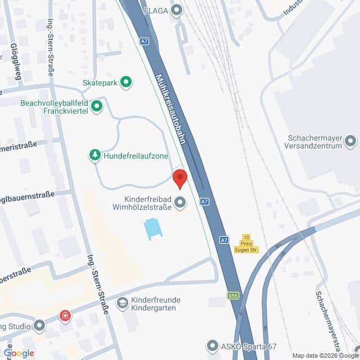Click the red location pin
point(179,178)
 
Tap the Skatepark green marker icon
point(127,82)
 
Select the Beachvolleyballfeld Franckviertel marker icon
point(97,105)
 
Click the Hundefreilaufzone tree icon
point(95,155)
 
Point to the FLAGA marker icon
point(178,10)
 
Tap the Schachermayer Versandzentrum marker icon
point(352,140)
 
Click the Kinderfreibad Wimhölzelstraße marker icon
point(180,201)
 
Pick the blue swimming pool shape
point(152,228)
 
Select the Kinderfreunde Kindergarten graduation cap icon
point(122,304)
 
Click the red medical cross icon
point(66,315)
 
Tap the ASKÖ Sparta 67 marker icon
point(213,344)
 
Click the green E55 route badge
point(233,295)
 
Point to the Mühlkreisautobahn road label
point(170,107)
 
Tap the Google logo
point(19,353)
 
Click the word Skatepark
point(99,82)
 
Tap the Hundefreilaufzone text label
point(136,156)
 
